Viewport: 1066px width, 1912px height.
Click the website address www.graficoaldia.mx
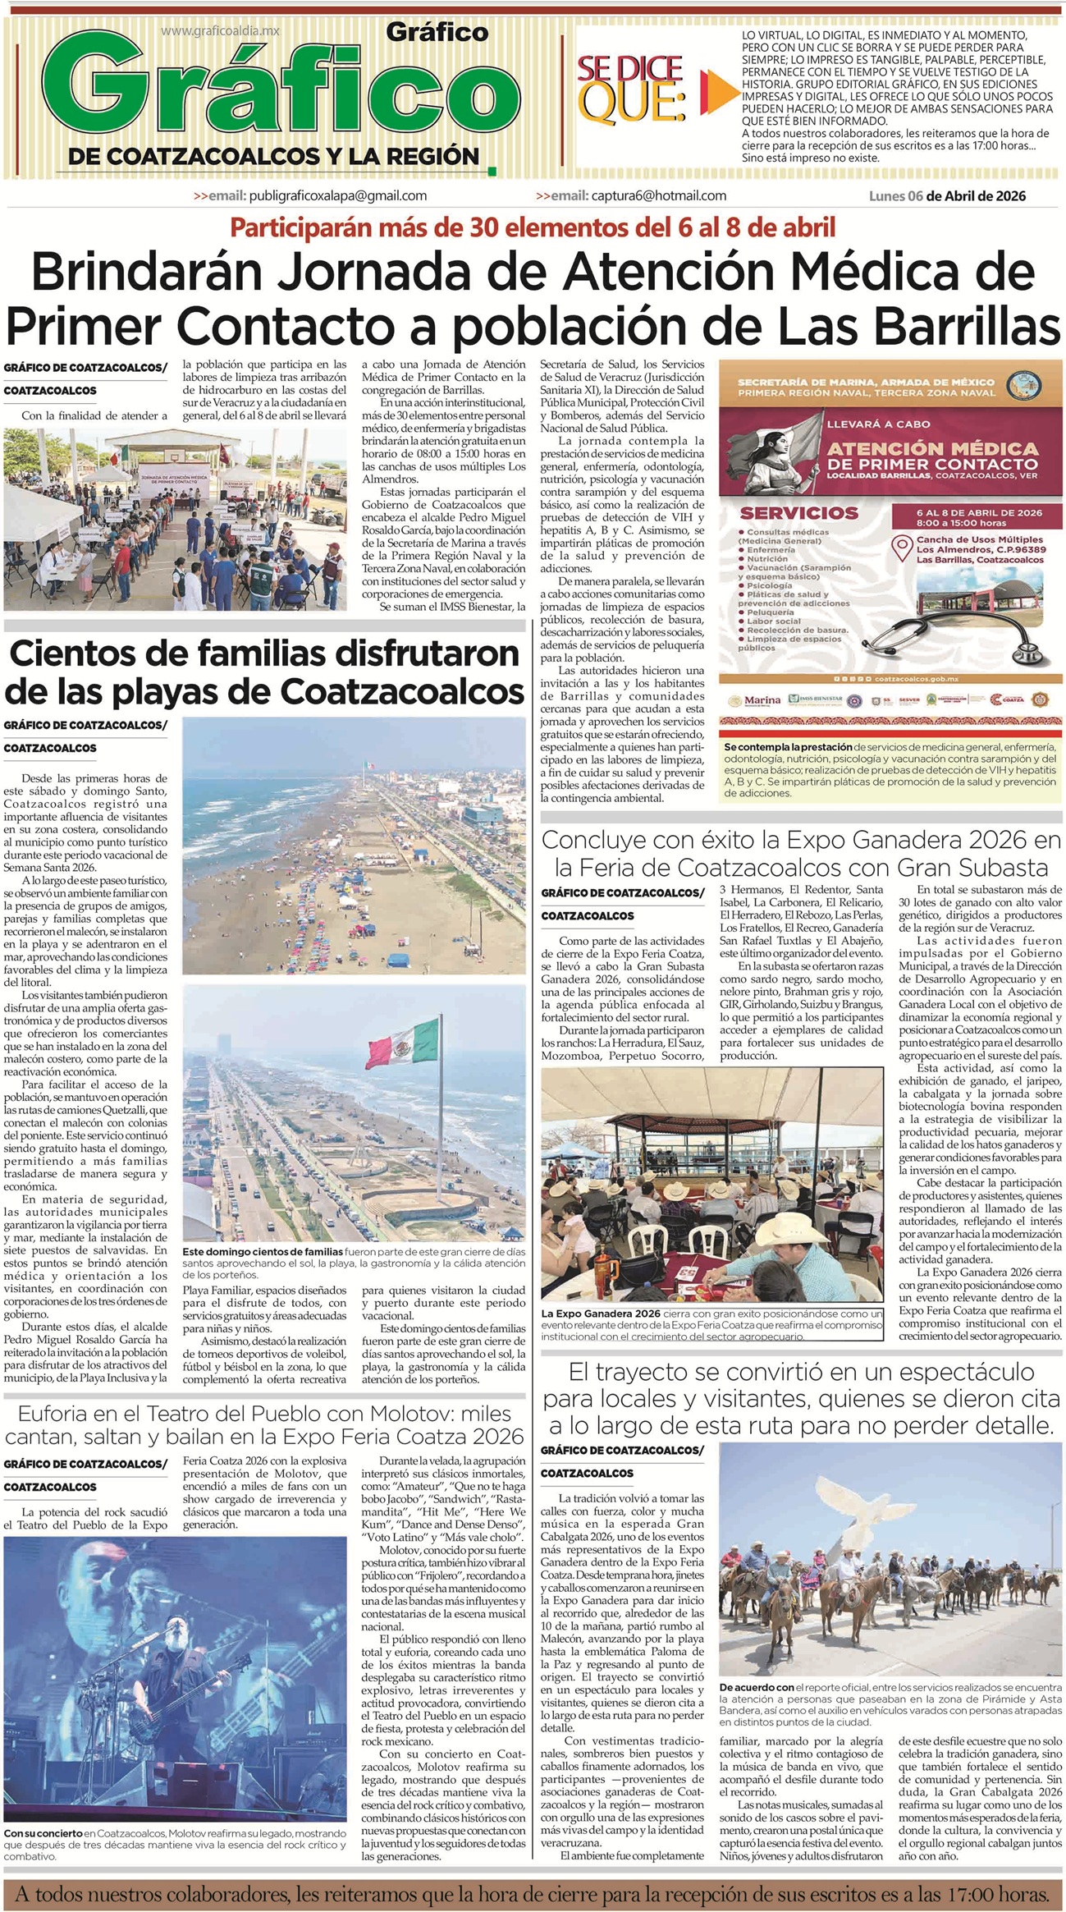(220, 30)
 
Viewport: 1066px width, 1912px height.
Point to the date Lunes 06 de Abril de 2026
(947, 195)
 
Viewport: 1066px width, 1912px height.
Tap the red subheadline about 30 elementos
(533, 227)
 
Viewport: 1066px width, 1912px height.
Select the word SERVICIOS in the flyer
(788, 513)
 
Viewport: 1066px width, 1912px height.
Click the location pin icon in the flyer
(903, 545)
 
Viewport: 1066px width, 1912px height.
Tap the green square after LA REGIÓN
(492, 172)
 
